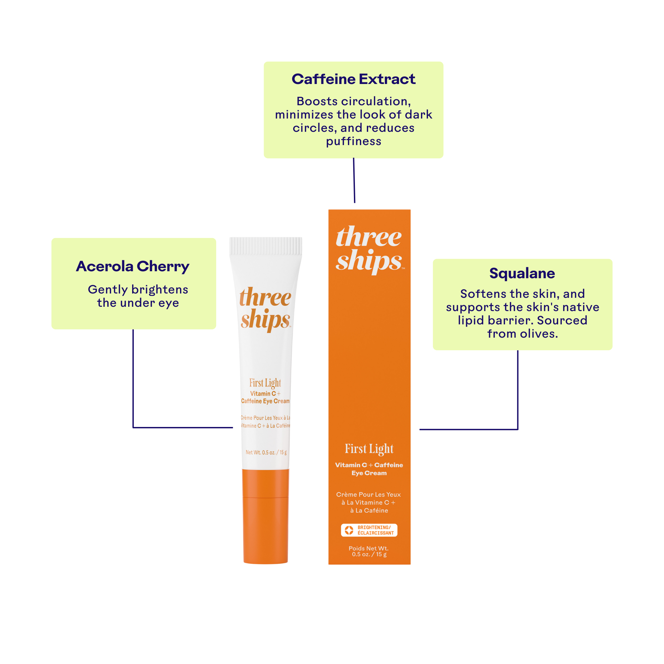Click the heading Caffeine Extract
click(353, 79)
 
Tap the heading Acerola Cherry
click(133, 266)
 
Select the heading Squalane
click(522, 273)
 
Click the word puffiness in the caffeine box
click(353, 141)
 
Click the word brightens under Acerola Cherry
click(160, 290)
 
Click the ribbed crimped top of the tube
click(265, 246)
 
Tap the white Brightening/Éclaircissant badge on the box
click(369, 530)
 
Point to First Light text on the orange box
click(369, 449)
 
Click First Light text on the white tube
click(265, 383)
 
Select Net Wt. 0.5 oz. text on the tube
click(266, 452)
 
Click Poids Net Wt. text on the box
click(369, 548)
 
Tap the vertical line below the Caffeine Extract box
click(354, 180)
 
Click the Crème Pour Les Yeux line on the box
click(369, 495)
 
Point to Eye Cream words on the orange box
click(369, 473)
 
